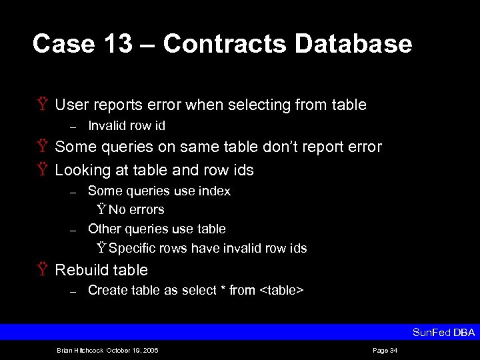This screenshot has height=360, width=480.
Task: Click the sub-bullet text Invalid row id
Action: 127,125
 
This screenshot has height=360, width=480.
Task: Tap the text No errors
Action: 136,209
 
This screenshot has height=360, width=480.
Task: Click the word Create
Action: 106,290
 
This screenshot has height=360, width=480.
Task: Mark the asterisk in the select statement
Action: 222,289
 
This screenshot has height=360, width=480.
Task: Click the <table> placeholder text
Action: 282,290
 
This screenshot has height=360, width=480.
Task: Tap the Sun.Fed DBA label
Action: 443,332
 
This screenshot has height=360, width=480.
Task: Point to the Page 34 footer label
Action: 385,350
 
